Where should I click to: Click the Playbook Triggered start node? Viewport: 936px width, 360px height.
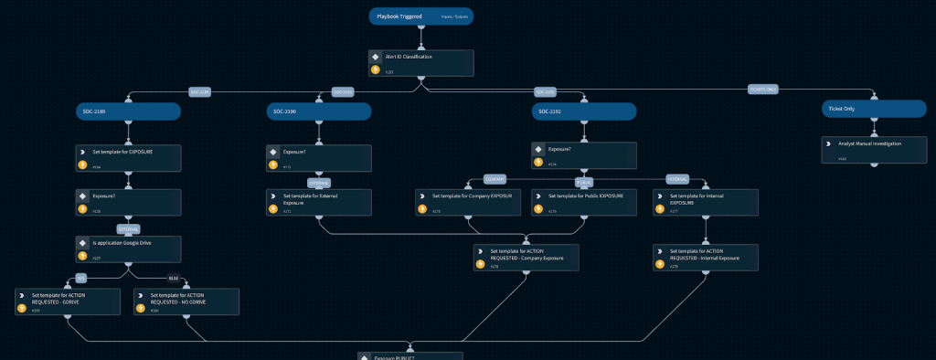[x=421, y=16]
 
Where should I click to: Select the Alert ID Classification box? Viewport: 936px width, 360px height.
[x=421, y=63]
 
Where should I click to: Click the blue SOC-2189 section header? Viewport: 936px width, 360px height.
[x=128, y=111]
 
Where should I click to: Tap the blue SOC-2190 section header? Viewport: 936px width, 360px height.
[x=319, y=111]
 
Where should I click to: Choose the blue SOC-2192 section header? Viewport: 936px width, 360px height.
[x=583, y=111]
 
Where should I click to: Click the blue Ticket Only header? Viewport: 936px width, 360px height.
[x=874, y=109]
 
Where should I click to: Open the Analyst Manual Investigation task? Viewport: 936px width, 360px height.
[x=874, y=150]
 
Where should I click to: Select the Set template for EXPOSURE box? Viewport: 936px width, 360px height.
[x=128, y=157]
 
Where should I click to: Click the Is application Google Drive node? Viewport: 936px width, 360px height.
[x=128, y=249]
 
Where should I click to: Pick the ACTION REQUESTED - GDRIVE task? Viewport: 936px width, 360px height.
[x=69, y=302]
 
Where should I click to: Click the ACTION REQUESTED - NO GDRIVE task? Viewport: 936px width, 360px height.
[x=186, y=302]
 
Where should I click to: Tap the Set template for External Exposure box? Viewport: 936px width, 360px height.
[x=319, y=202]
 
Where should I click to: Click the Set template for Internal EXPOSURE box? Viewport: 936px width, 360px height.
[x=706, y=202]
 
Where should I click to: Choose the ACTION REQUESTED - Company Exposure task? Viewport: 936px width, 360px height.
[x=526, y=257]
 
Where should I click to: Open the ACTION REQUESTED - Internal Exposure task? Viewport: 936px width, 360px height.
[x=706, y=257]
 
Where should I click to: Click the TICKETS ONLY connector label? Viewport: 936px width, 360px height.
[x=763, y=89]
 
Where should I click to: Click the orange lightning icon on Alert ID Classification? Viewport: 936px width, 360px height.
[x=375, y=69]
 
